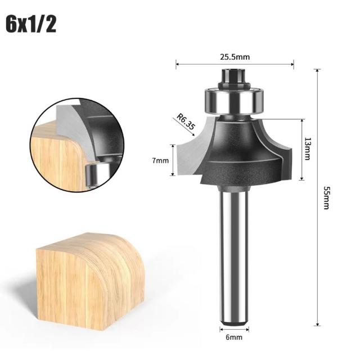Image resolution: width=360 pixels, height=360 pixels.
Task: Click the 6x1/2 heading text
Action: pos(31,24)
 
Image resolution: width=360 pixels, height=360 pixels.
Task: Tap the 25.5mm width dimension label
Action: pos(235,57)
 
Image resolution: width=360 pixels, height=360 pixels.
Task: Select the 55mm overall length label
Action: pos(326,197)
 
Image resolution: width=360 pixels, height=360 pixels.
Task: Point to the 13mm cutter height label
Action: pos(307,148)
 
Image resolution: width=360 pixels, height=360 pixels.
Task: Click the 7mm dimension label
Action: pos(160,160)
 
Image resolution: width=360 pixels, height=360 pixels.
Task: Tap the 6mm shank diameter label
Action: pos(234,337)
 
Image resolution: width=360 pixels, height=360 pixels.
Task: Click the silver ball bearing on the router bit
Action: pos(235,101)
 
